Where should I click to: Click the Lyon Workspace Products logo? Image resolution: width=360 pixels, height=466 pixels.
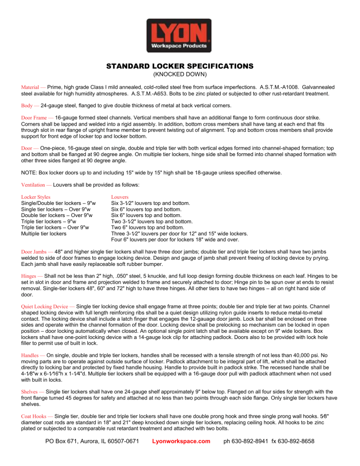180,35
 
